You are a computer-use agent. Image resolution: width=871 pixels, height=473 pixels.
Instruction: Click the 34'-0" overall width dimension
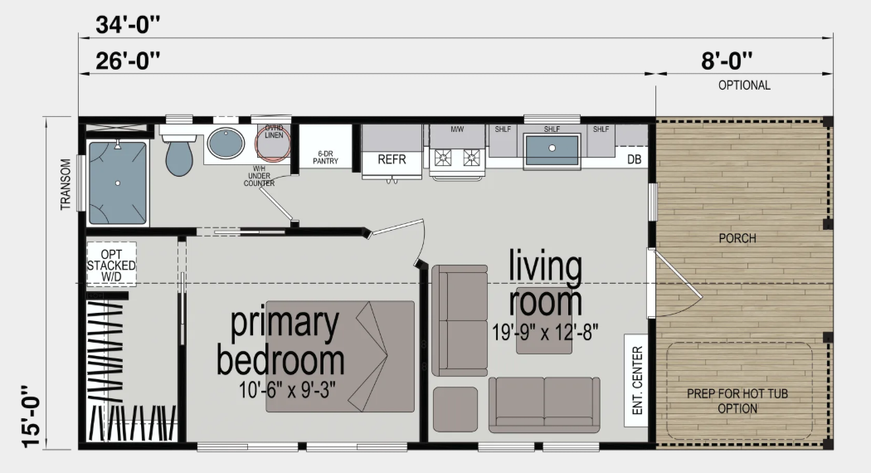[x=127, y=25]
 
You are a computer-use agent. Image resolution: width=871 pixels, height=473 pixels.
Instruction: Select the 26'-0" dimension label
[x=127, y=61]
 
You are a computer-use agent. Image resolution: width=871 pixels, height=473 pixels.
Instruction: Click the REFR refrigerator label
[x=392, y=159]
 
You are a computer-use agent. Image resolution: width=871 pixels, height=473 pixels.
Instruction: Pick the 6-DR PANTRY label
[x=325, y=158]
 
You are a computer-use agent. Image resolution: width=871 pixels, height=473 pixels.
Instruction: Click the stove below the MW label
[x=456, y=156]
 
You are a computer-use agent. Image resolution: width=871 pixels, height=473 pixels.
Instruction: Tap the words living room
[x=546, y=285]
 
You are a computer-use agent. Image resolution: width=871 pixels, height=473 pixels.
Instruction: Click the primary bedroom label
[x=280, y=341]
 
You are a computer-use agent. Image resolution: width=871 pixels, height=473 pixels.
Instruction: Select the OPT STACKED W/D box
[x=111, y=264]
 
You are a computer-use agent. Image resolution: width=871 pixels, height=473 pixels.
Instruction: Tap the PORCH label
[x=737, y=238]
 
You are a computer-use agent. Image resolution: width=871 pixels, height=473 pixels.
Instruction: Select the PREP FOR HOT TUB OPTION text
[x=722, y=401]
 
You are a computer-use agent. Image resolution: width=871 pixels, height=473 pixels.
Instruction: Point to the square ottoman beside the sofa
[x=455, y=408]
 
